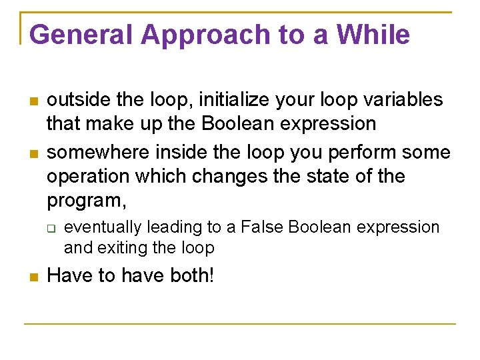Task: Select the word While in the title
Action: [373, 35]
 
